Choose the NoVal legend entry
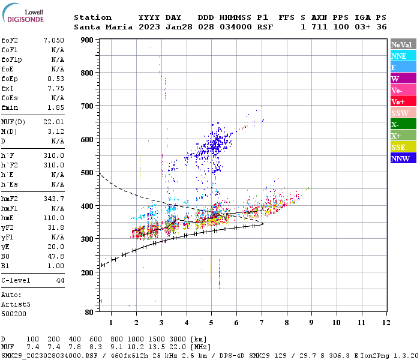coord(403,44)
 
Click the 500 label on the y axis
coord(88,173)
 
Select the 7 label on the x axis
coord(261,323)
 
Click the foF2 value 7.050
coord(54,40)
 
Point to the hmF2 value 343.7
coord(54,198)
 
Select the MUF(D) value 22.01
coord(54,122)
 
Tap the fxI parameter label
coord(8,88)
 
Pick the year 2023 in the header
coord(149,27)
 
